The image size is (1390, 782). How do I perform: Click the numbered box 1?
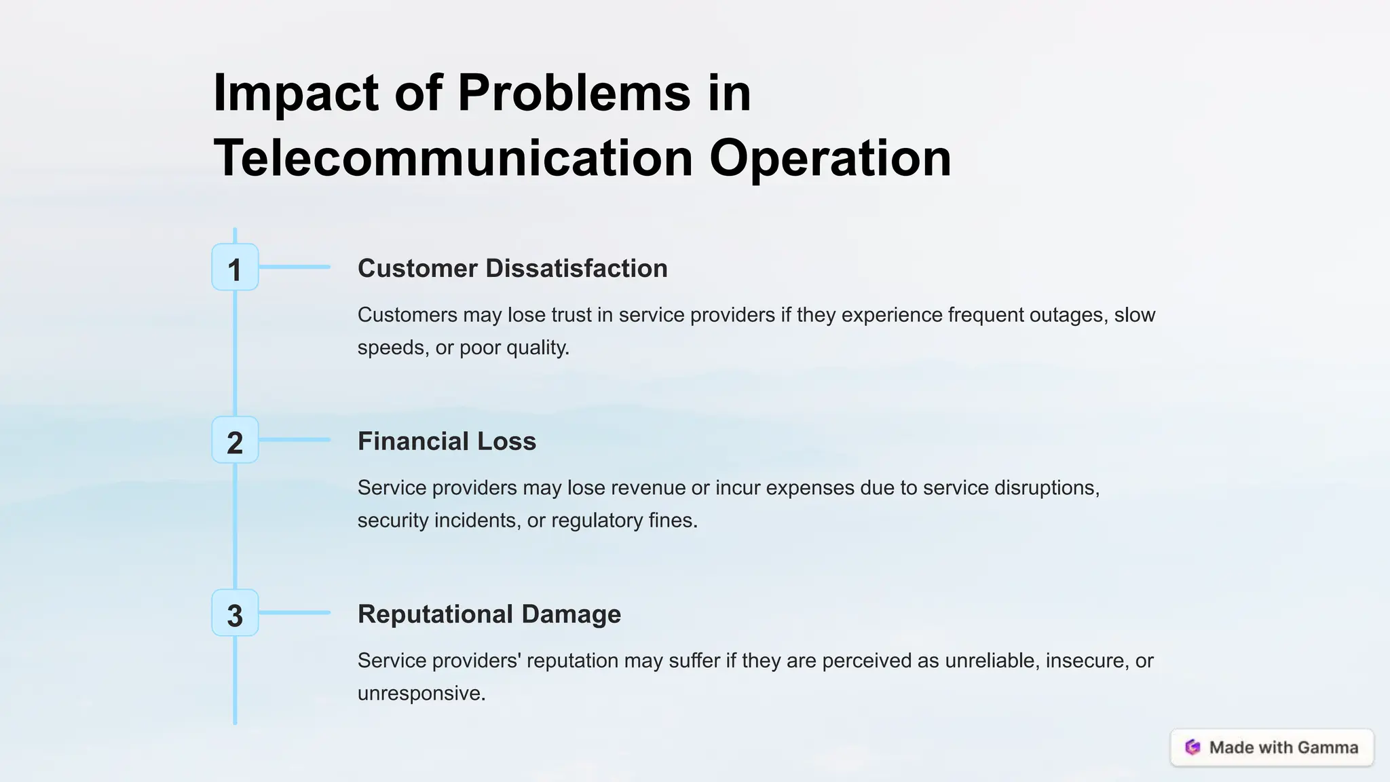pos(235,267)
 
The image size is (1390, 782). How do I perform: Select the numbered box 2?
pos(235,441)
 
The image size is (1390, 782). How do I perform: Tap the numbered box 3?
pos(235,613)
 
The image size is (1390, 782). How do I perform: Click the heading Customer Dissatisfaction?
pos(512,268)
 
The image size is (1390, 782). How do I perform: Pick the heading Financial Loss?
pos(447,441)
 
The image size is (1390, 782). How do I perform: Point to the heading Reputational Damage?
pos(489,614)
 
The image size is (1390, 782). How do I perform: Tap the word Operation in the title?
pos(830,157)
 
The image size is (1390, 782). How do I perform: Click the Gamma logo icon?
pos(1192,747)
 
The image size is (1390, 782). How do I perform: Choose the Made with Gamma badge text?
pos(1283,747)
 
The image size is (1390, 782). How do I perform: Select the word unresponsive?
pos(421,693)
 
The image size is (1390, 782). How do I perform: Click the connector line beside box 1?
pos(294,267)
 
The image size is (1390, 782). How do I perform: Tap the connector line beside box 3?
pos(294,613)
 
